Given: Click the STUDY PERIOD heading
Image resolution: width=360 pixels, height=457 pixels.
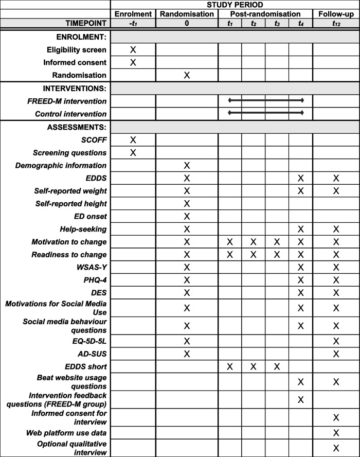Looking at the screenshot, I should (x=235, y=5).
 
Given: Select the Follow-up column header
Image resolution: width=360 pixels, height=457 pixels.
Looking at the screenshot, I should (x=336, y=14).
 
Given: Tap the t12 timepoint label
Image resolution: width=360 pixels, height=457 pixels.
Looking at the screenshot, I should (x=336, y=23).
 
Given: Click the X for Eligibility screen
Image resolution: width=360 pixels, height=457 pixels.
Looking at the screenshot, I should (x=133, y=49).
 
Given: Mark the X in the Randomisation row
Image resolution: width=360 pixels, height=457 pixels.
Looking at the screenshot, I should (x=187, y=75).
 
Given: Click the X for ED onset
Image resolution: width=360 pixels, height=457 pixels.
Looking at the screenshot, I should (x=187, y=216).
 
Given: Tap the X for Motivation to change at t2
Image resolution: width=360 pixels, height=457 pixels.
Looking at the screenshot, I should (x=254, y=242).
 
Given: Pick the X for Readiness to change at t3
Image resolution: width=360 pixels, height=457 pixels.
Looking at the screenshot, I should (x=277, y=254).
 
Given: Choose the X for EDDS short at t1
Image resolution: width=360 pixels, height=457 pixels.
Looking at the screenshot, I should (x=230, y=366).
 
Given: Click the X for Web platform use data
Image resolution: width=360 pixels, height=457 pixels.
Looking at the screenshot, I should (x=336, y=433).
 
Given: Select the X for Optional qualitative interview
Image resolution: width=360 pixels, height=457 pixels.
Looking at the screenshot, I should (x=336, y=448).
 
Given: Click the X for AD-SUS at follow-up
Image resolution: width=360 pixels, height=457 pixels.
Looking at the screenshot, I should (x=336, y=353).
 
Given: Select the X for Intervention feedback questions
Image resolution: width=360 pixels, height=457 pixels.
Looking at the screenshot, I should (x=301, y=399).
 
